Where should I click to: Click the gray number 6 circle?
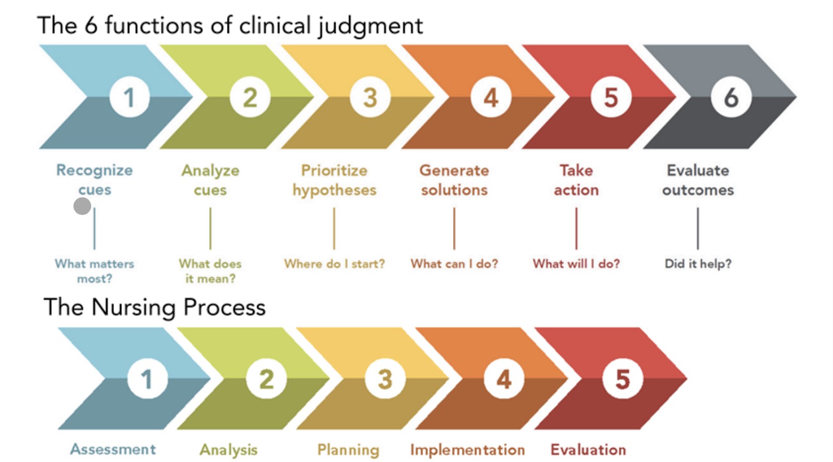coord(731,97)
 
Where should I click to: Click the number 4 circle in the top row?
coord(491,97)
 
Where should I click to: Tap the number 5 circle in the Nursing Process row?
coord(623,379)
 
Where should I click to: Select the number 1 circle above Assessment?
coord(147,379)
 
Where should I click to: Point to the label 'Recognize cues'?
coord(94,180)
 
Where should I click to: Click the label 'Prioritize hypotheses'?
coord(334,180)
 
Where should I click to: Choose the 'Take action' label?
coord(576,180)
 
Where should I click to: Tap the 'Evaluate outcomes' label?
coord(698,180)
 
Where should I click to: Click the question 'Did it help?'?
coord(698,264)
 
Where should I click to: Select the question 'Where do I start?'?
coord(334,264)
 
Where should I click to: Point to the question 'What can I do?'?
coord(454,264)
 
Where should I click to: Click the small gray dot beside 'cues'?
coord(82,206)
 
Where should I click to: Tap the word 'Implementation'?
coord(468,449)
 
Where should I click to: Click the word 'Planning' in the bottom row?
coord(348,450)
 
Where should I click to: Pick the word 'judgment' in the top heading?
coord(371,27)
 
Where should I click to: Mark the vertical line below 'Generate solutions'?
coord(454,229)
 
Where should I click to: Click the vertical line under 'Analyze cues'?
coord(210,229)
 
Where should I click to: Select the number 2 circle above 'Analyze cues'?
coord(250,97)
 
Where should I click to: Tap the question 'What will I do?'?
coord(576,264)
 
